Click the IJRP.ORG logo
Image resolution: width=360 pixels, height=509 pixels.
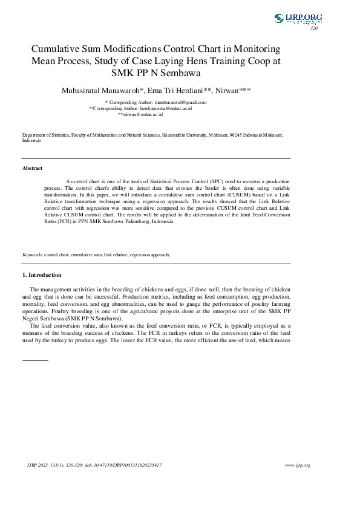(298, 19)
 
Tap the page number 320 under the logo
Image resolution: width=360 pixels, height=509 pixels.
(313, 28)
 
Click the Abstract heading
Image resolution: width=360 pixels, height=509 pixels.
(32, 168)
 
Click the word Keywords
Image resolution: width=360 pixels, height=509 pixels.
(32, 255)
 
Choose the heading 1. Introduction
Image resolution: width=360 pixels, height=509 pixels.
(41, 276)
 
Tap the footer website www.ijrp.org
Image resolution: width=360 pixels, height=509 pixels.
(297, 465)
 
